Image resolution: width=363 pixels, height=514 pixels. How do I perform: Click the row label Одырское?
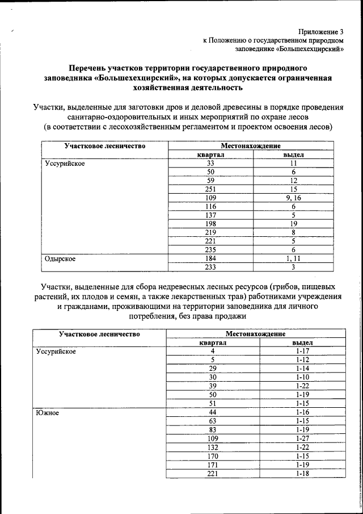click(61, 258)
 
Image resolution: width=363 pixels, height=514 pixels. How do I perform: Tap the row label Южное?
click(47, 412)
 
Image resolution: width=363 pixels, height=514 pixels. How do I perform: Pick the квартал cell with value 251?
click(211, 189)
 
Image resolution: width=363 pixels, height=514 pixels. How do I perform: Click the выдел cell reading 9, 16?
click(294, 198)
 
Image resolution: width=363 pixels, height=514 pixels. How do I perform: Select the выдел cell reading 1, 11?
click(294, 258)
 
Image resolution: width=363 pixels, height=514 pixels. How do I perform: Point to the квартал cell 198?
click(211, 224)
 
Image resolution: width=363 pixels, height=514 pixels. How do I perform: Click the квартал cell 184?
click(211, 258)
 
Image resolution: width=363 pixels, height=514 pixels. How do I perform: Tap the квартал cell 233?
click(211, 267)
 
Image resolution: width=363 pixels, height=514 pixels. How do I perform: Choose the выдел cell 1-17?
click(302, 351)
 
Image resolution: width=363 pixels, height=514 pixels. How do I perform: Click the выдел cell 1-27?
click(302, 438)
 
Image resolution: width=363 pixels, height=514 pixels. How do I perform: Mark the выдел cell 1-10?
click(302, 377)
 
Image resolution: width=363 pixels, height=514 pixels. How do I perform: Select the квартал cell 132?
click(213, 447)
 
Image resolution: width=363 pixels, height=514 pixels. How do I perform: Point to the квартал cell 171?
click(213, 464)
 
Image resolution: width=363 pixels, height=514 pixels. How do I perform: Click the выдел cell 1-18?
click(302, 473)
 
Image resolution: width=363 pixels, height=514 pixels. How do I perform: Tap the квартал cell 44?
click(213, 412)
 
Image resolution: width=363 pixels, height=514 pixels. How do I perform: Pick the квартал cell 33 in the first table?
click(211, 162)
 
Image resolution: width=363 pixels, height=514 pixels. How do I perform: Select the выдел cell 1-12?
click(302, 360)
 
